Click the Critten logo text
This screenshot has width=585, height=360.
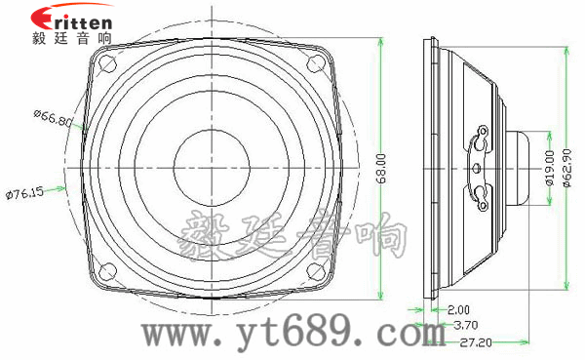[x=70, y=18]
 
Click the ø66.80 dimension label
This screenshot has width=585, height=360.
[x=53, y=118]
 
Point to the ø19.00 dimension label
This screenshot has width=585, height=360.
[x=550, y=168]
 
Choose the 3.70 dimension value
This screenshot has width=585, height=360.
[x=466, y=325]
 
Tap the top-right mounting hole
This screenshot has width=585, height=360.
[x=314, y=62]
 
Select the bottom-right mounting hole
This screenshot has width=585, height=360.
[x=314, y=270]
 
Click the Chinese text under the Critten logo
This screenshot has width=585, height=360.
[x=70, y=38]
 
